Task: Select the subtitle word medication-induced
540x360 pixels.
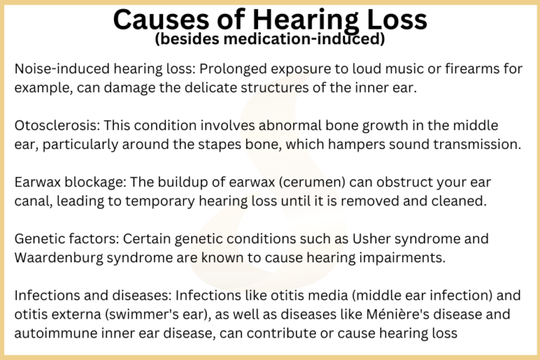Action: pyautogui.click(x=309, y=39)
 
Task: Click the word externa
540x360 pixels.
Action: pyautogui.click(x=69, y=314)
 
